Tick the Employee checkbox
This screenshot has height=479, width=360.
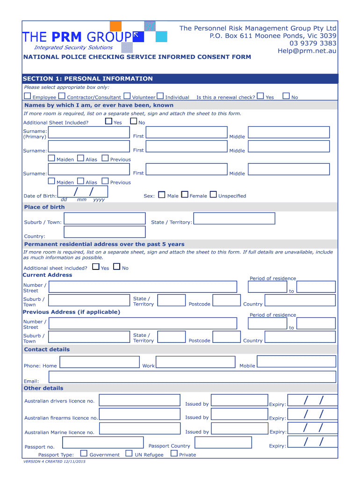click(27, 96)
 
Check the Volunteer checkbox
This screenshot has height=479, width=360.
click(127, 96)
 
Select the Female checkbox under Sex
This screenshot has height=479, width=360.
click(185, 195)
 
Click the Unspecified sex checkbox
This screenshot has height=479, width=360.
click(213, 195)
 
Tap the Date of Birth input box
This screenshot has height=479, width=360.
click(82, 192)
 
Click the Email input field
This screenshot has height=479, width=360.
click(192, 377)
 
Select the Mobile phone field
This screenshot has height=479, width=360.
click(296, 361)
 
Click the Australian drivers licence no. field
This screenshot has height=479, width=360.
click(140, 400)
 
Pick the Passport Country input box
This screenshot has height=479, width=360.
click(223, 443)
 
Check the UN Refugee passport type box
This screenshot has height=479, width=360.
click(129, 453)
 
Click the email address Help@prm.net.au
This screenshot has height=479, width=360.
click(306, 51)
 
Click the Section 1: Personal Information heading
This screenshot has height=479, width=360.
click(88, 79)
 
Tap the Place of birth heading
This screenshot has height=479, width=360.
click(44, 207)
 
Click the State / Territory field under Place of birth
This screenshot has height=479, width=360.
click(234, 218)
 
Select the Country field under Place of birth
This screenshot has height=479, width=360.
click(104, 232)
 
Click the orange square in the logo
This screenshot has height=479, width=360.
click(115, 26)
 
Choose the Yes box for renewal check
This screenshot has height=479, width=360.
click(260, 96)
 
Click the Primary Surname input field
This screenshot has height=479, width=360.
click(89, 133)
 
